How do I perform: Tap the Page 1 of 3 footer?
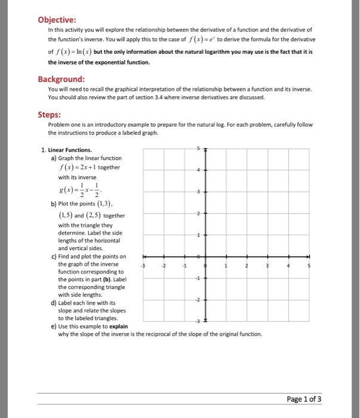tap(304, 399)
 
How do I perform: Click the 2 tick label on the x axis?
tap(247, 266)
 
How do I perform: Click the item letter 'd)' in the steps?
tap(54, 303)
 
